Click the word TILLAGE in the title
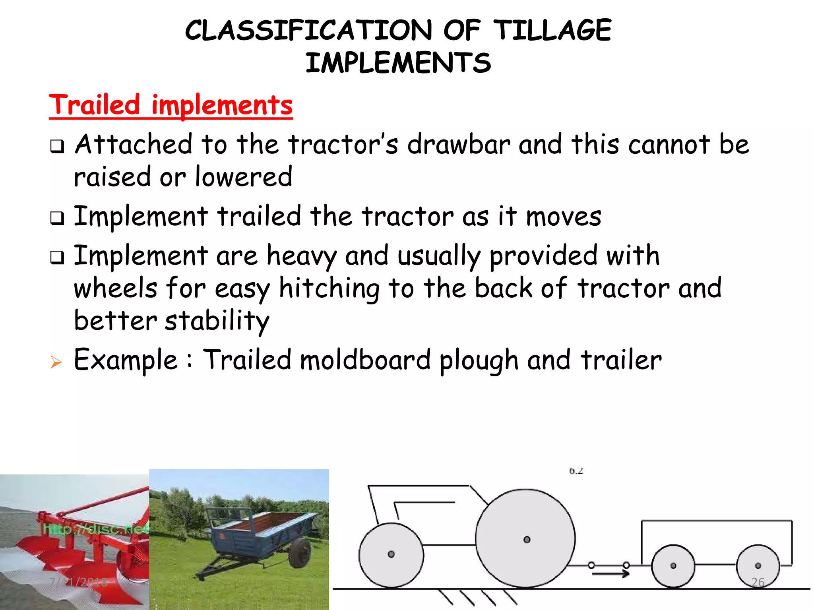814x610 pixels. pyautogui.click(x=552, y=31)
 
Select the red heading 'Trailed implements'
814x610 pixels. pyautogui.click(x=171, y=105)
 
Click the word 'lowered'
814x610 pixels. pyautogui.click(x=244, y=177)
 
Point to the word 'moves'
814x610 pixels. pyautogui.click(x=563, y=217)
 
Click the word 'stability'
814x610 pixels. pyautogui.click(x=217, y=321)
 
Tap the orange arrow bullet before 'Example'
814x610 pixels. pyautogui.click(x=56, y=362)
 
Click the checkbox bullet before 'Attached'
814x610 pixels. pyautogui.click(x=57, y=147)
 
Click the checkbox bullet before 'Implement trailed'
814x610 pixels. pyautogui.click(x=57, y=218)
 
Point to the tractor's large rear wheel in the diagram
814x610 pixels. pyautogui.click(x=525, y=539)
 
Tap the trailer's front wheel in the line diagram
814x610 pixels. pyautogui.click(x=673, y=565)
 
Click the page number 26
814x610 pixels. pyautogui.click(x=758, y=582)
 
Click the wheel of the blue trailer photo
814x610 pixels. pyautogui.click(x=300, y=553)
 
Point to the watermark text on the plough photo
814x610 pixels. pyautogui.click(x=95, y=529)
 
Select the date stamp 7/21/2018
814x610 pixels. pyautogui.click(x=79, y=582)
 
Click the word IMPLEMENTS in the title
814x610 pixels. pyautogui.click(x=398, y=63)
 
